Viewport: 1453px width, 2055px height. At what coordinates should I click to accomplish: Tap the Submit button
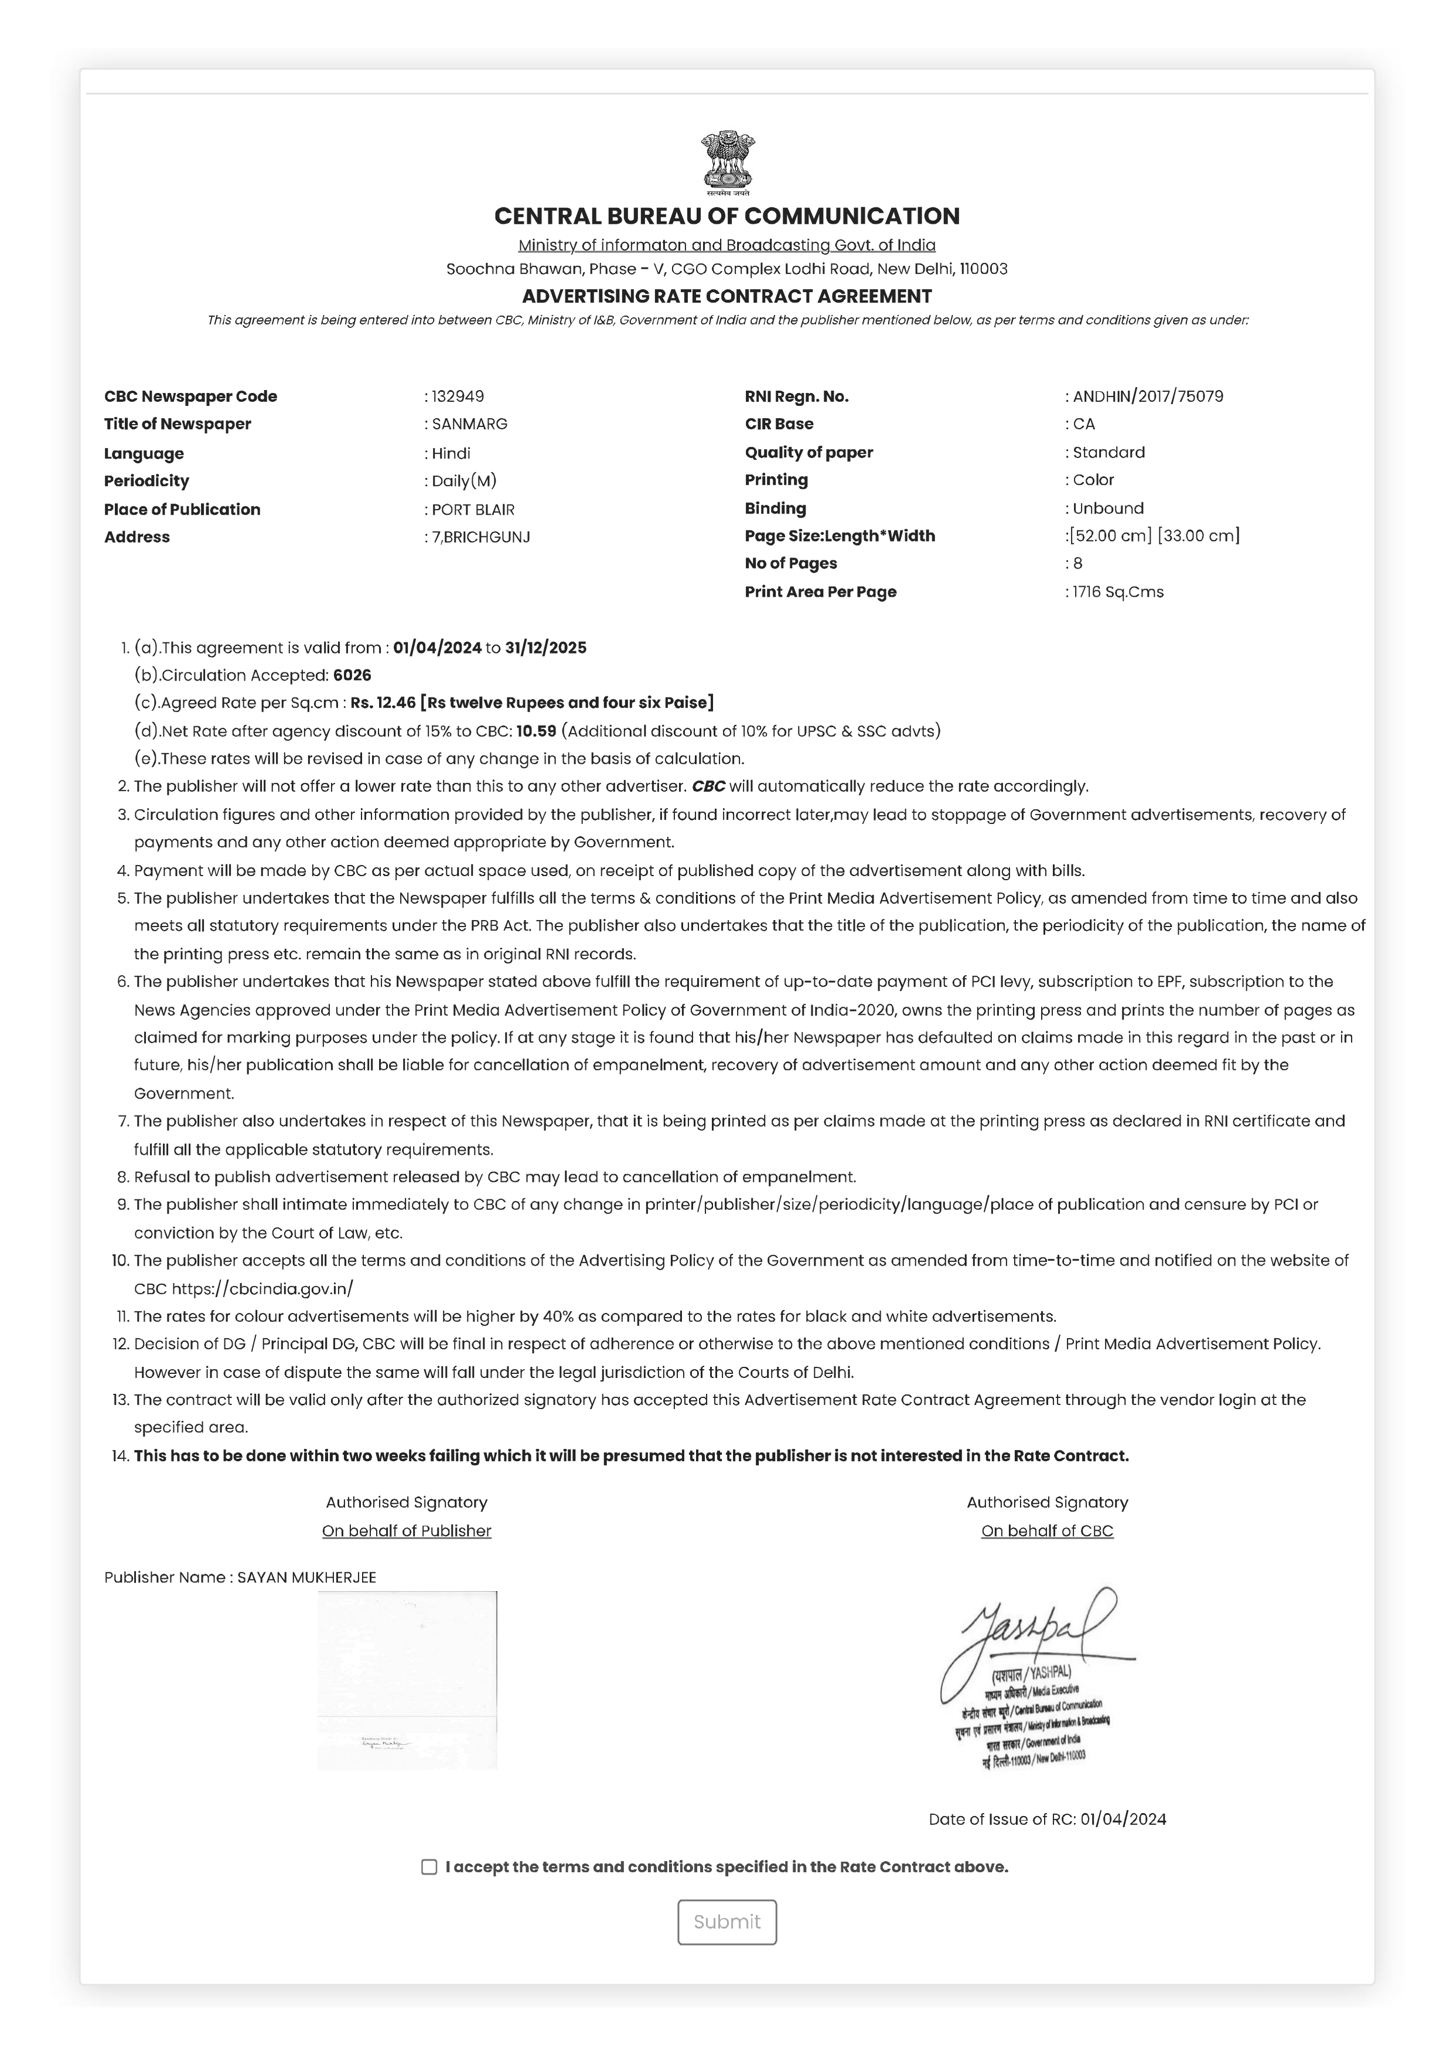(727, 1921)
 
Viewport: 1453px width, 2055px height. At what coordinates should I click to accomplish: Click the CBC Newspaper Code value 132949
(458, 396)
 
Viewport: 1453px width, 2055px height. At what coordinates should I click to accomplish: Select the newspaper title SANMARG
(469, 424)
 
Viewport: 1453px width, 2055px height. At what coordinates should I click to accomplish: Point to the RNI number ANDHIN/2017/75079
(1148, 396)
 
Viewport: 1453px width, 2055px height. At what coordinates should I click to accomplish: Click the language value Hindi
(451, 453)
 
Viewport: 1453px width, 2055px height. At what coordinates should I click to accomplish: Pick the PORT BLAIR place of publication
(473, 510)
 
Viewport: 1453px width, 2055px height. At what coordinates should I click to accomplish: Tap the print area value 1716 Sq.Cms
(1118, 591)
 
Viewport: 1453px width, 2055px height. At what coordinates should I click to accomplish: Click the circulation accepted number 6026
(352, 675)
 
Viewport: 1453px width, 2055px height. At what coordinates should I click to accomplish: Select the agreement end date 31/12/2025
(545, 647)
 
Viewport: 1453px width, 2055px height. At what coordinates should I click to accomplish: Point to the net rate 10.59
(536, 730)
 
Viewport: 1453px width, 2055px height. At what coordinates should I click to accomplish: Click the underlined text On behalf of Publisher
(407, 1530)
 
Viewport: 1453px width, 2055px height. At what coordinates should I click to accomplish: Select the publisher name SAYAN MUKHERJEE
(306, 1577)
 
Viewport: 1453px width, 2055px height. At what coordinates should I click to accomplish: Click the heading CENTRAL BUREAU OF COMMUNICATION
(727, 216)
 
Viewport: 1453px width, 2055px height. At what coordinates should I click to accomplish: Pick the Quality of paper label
(809, 453)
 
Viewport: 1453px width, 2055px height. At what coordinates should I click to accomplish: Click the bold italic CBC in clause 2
(708, 787)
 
